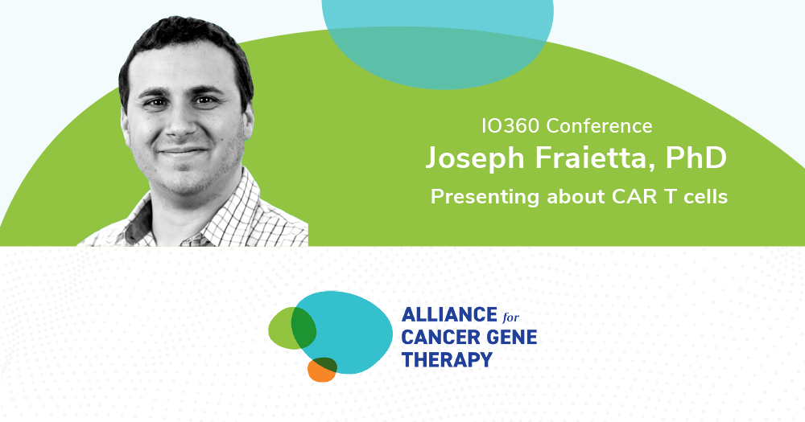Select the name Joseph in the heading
click(476, 158)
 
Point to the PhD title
click(699, 158)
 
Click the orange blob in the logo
click(319, 372)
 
